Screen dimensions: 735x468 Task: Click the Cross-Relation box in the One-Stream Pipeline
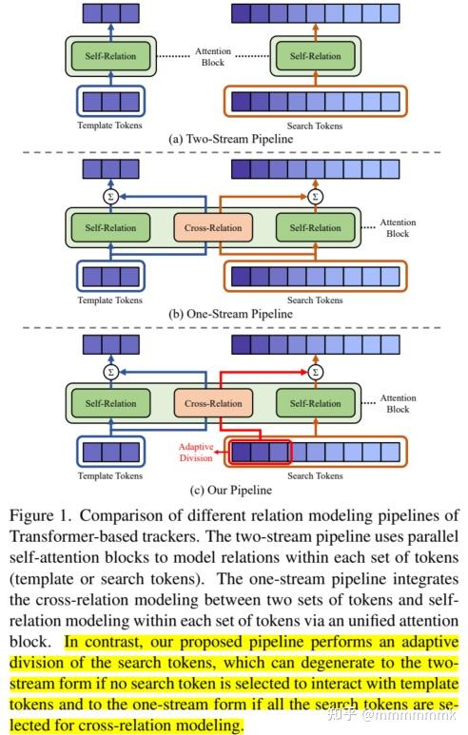(213, 228)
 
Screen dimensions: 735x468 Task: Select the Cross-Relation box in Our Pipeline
(213, 403)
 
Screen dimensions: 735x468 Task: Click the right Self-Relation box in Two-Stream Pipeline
(314, 57)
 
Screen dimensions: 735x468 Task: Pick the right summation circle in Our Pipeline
(317, 371)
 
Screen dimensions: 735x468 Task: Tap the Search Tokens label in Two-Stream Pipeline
(314, 126)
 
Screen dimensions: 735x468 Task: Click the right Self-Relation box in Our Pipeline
(314, 403)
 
